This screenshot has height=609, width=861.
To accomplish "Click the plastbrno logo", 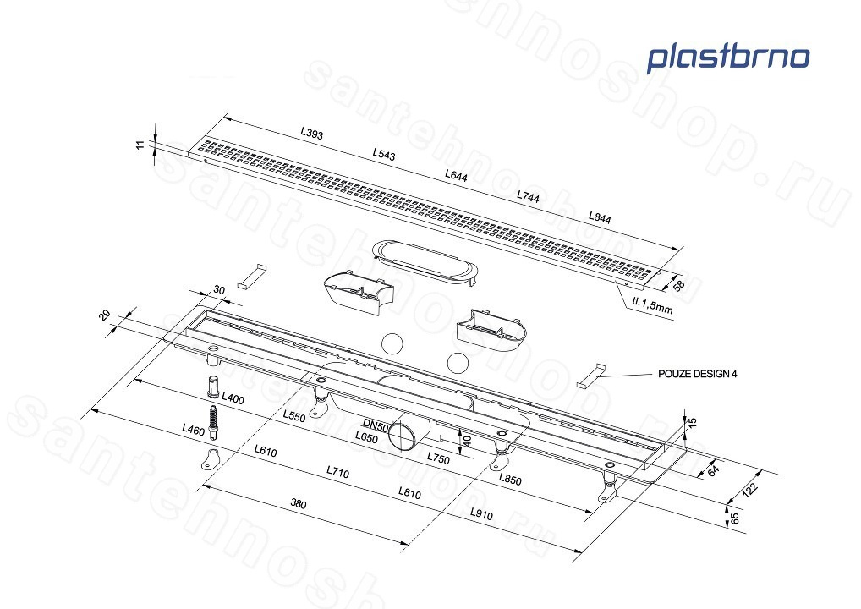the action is (x=727, y=58).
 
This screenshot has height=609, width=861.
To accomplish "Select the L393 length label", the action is (x=312, y=133).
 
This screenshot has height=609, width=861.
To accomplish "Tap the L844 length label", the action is (x=600, y=217).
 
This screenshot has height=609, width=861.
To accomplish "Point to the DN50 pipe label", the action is (x=376, y=425).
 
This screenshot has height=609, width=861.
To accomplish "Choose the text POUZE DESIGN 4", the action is (x=698, y=374).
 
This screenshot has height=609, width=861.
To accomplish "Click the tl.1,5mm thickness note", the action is (x=652, y=304).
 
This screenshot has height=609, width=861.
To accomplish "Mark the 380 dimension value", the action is (x=299, y=503).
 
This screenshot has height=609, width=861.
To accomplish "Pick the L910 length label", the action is (x=481, y=514).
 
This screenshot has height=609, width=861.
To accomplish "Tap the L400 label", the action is (x=233, y=398).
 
